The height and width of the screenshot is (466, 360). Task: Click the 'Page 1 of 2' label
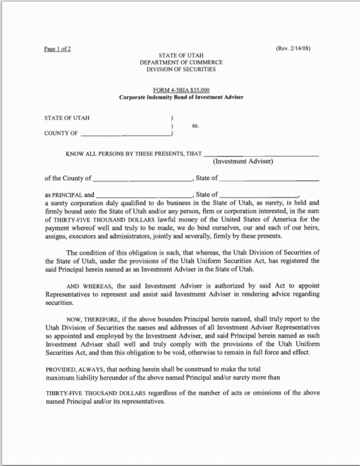57,48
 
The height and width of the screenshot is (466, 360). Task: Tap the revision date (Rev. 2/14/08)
293,48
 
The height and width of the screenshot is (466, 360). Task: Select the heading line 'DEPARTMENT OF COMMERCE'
181,63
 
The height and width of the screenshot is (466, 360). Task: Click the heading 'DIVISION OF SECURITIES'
181,69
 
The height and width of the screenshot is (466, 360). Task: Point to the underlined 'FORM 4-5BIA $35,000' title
181,90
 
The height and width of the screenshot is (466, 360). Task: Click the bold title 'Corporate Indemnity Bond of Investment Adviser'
181,97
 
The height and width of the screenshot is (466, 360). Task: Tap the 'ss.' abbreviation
195,126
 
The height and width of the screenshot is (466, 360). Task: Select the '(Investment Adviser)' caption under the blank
243,161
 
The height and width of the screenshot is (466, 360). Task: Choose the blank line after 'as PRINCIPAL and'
144,196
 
